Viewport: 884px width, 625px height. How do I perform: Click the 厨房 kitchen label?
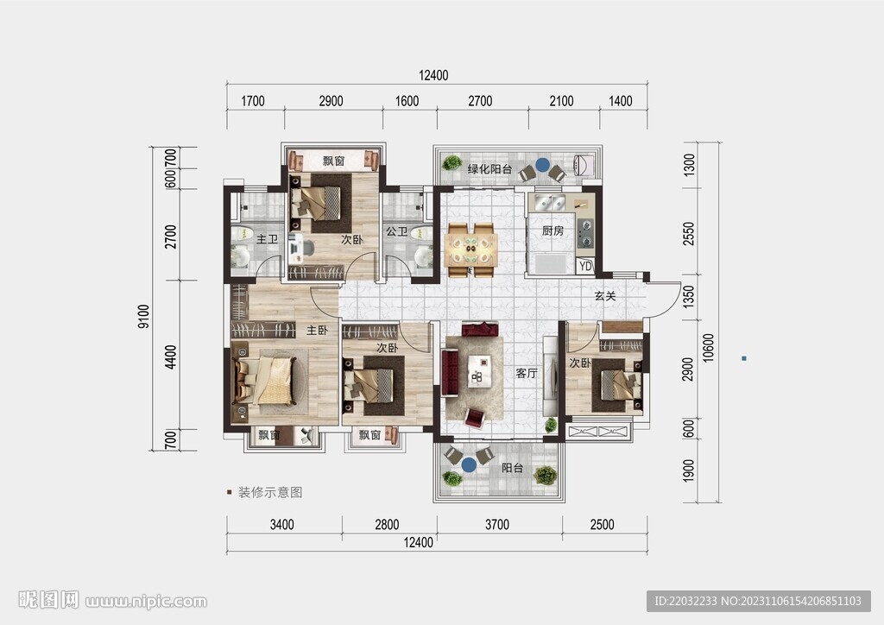(x=552, y=230)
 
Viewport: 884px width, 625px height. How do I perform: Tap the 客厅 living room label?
(x=527, y=373)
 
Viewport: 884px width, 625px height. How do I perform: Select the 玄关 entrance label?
(x=605, y=296)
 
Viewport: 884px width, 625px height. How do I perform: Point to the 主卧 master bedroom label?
(x=317, y=331)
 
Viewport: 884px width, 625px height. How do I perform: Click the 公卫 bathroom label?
(x=396, y=231)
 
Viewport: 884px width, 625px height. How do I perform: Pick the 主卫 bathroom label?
(x=268, y=239)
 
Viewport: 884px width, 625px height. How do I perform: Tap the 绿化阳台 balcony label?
(x=490, y=168)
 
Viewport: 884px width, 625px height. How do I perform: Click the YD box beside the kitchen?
(x=586, y=265)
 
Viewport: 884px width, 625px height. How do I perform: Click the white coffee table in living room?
(x=478, y=371)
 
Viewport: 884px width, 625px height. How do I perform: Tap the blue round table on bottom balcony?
(x=469, y=465)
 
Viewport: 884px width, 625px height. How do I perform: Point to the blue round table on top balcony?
(x=542, y=165)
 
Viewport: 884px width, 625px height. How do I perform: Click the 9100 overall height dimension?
(x=144, y=316)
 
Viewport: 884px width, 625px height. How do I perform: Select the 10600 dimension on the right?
(x=709, y=348)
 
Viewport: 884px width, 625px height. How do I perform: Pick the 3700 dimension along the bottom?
(x=497, y=525)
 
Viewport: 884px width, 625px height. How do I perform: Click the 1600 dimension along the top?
(x=407, y=101)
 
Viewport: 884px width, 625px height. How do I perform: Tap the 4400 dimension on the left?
(x=170, y=357)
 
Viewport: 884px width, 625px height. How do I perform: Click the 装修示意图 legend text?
(x=270, y=492)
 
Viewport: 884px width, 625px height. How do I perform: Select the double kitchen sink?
(x=550, y=202)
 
